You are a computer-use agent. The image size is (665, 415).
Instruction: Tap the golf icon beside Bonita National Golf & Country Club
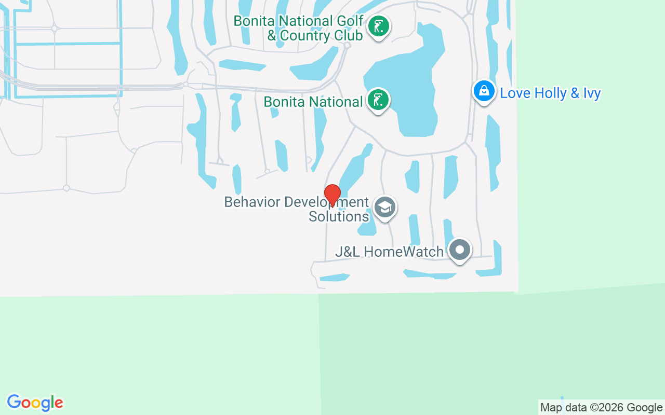click(379, 26)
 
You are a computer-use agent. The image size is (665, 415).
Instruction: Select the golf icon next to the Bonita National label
click(378, 100)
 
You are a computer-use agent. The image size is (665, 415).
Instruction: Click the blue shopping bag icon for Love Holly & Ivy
click(484, 91)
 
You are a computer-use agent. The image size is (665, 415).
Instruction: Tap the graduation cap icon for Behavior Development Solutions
click(384, 208)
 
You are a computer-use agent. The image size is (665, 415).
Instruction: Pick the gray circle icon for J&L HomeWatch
click(459, 251)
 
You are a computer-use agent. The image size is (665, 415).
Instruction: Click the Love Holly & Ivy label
click(550, 93)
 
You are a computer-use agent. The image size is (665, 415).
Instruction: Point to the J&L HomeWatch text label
click(389, 252)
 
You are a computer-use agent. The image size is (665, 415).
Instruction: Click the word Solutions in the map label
click(339, 216)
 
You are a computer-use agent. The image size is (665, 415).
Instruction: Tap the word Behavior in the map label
click(247, 202)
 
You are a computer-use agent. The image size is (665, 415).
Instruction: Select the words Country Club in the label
click(321, 36)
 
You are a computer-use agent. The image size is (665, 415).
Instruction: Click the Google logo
click(35, 403)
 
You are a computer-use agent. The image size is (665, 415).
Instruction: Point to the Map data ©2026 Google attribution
click(601, 407)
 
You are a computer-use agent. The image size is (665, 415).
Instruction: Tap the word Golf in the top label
click(349, 21)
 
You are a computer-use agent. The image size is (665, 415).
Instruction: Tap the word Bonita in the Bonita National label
click(285, 102)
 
